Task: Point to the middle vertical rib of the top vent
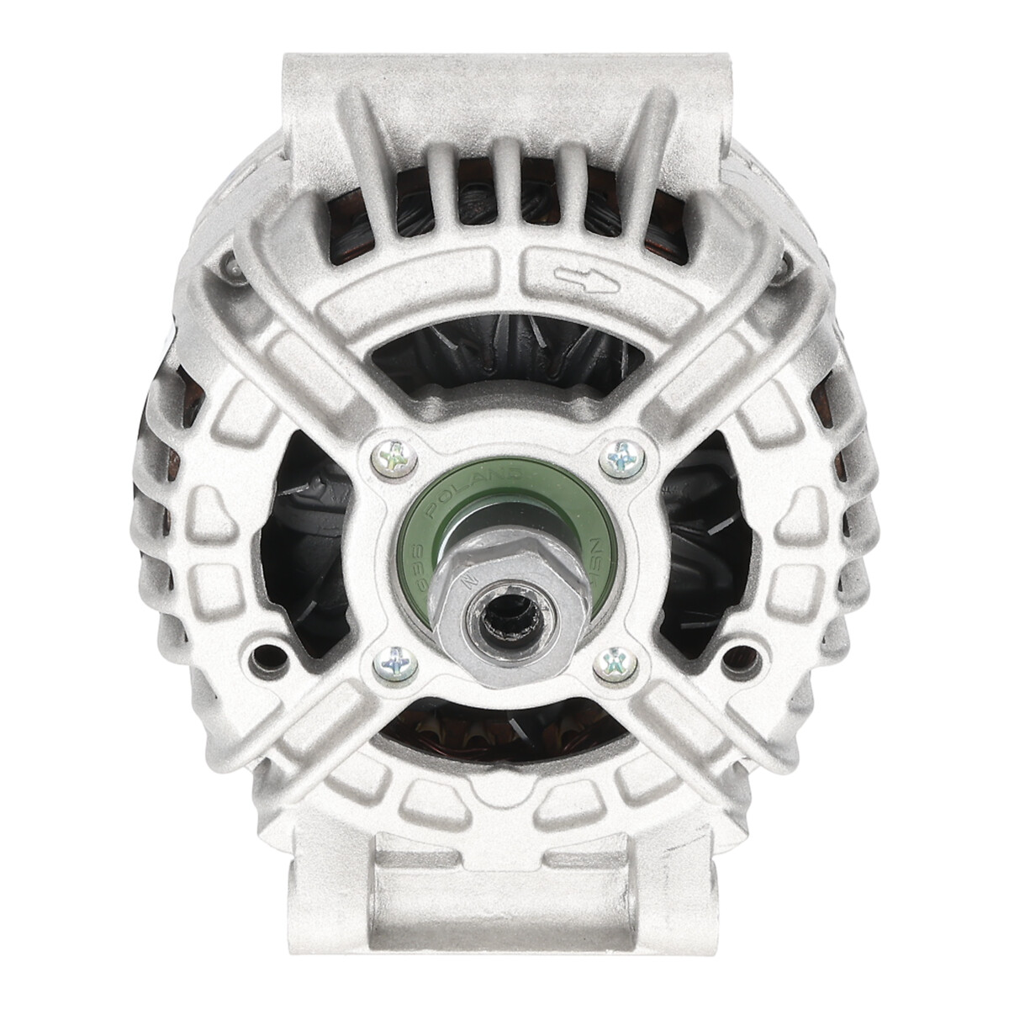point(504,181)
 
